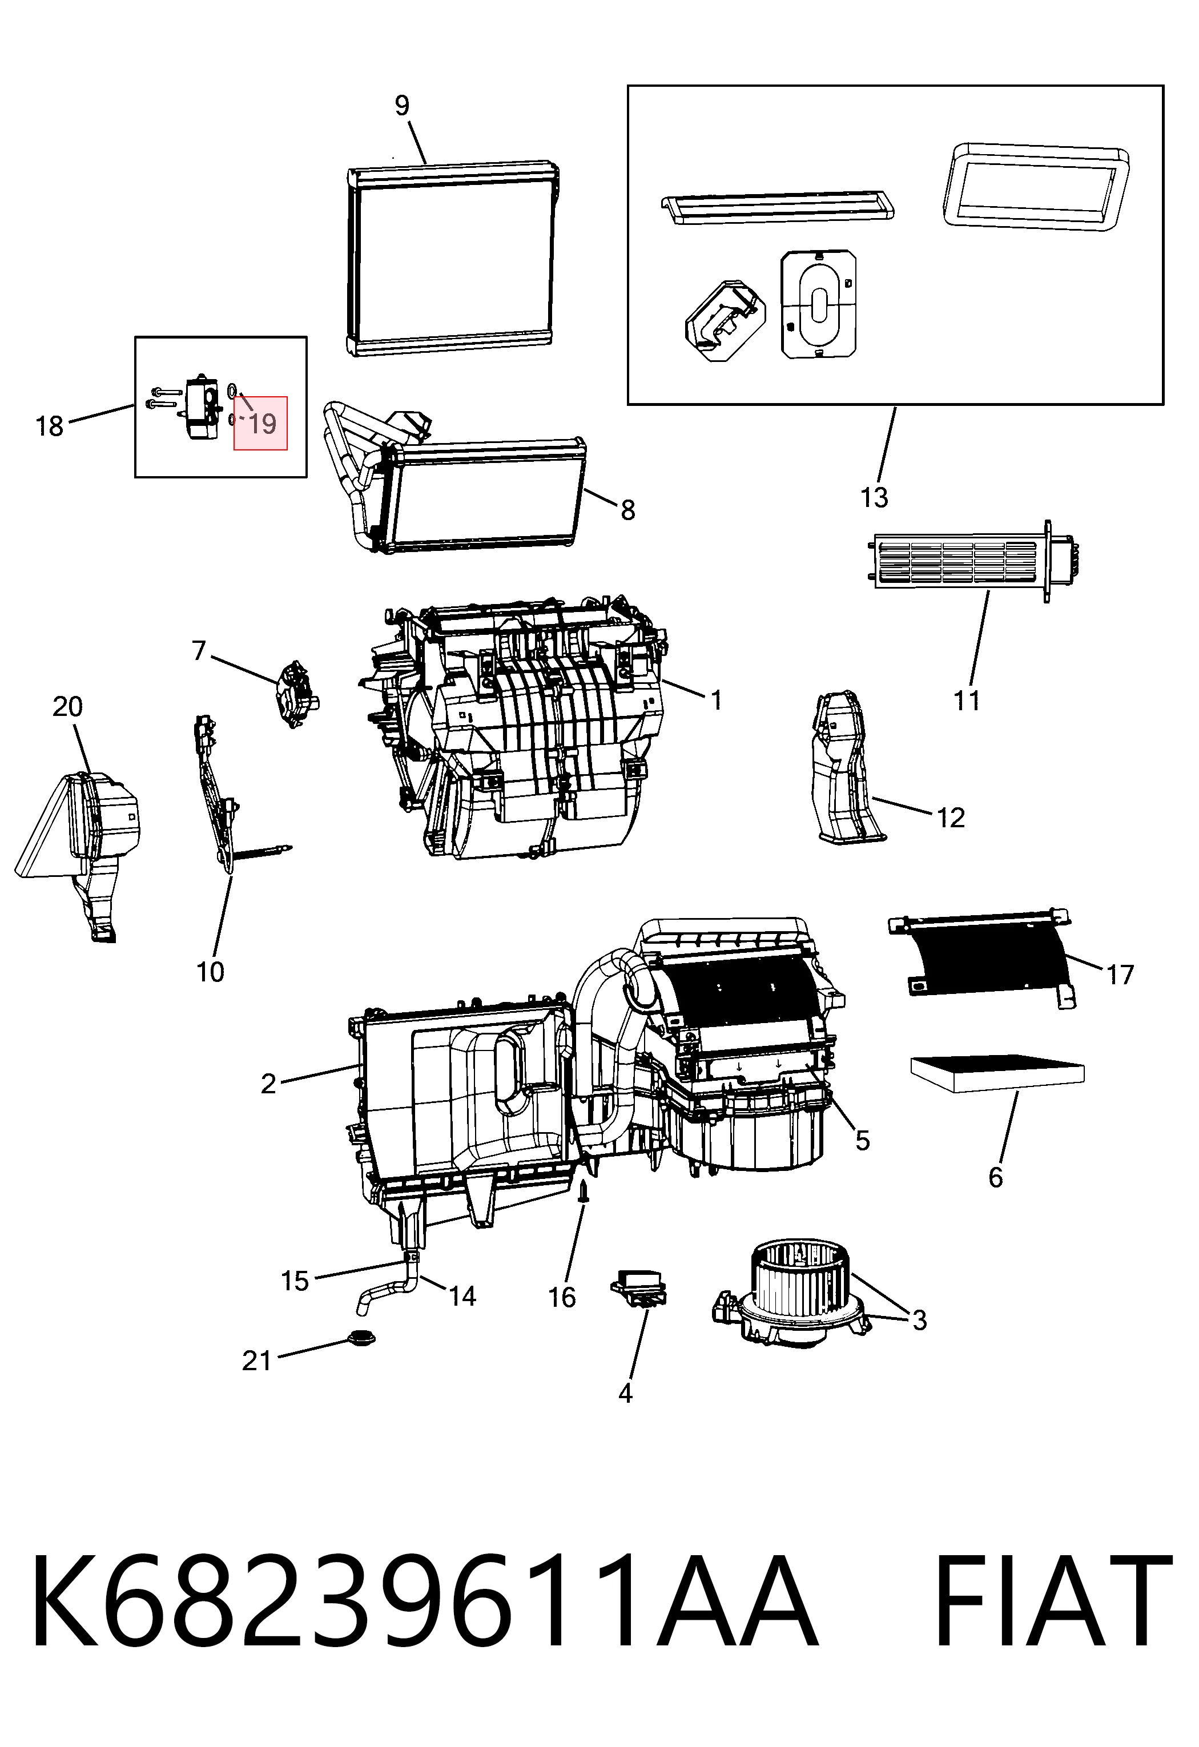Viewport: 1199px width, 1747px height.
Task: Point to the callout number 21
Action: [x=256, y=1360]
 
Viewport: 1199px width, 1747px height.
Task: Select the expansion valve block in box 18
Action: [x=202, y=406]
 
